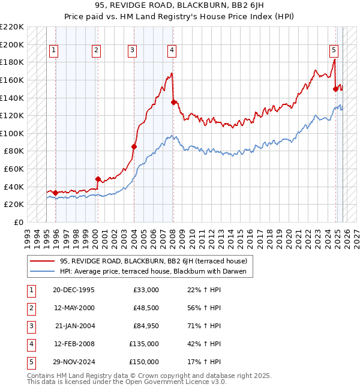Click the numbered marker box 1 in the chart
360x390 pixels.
tap(55, 51)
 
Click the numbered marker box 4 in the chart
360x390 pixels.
tap(172, 51)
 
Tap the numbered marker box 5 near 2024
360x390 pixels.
tap(334, 51)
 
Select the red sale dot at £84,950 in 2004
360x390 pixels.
tap(134, 146)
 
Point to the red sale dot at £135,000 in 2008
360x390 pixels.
tap(173, 102)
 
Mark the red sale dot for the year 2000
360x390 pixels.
tap(98, 179)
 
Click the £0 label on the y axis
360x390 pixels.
tap(19, 222)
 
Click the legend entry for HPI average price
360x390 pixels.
tap(154, 271)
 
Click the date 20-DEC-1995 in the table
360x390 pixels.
tap(74, 290)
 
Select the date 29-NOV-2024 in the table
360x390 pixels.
tap(74, 362)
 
